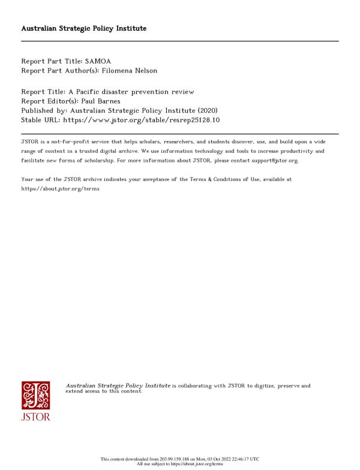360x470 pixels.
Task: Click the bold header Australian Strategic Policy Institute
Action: click(x=84, y=28)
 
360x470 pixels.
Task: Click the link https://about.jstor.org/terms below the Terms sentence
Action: click(x=60, y=188)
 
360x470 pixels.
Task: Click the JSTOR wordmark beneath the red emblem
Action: click(x=35, y=417)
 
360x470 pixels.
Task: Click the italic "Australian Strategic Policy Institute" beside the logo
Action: click(x=118, y=385)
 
